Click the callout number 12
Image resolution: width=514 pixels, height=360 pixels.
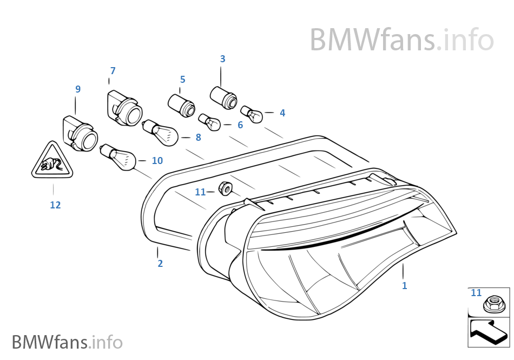click(55, 205)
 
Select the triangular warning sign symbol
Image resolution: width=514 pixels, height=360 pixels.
click(52, 161)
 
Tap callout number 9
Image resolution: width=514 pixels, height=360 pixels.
click(78, 89)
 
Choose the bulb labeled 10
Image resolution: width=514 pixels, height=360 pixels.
click(120, 156)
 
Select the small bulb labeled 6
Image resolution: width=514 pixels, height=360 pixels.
click(209, 121)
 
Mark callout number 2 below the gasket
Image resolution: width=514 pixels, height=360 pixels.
click(160, 264)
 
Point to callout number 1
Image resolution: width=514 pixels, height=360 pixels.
click(404, 286)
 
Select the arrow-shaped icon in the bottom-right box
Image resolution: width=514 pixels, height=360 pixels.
click(489, 332)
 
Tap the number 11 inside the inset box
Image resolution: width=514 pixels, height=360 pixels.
click(476, 293)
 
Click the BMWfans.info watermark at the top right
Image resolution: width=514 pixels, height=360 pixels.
click(401, 40)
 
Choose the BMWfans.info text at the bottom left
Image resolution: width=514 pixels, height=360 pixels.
click(67, 342)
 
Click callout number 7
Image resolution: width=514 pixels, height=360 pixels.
click(113, 71)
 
